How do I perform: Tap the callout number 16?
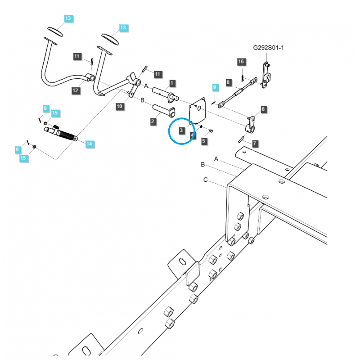(x=241, y=61)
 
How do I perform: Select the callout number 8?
(x=229, y=82)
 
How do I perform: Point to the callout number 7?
(x=255, y=144)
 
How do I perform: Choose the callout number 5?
(x=204, y=141)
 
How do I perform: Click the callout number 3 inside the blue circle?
(x=181, y=130)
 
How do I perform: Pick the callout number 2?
(x=153, y=121)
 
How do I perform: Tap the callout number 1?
(x=172, y=83)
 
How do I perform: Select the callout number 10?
(x=119, y=106)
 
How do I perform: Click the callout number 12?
(x=75, y=90)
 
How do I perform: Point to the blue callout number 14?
(x=89, y=144)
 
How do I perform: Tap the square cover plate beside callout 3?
(x=197, y=110)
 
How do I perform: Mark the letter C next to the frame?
(x=205, y=180)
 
